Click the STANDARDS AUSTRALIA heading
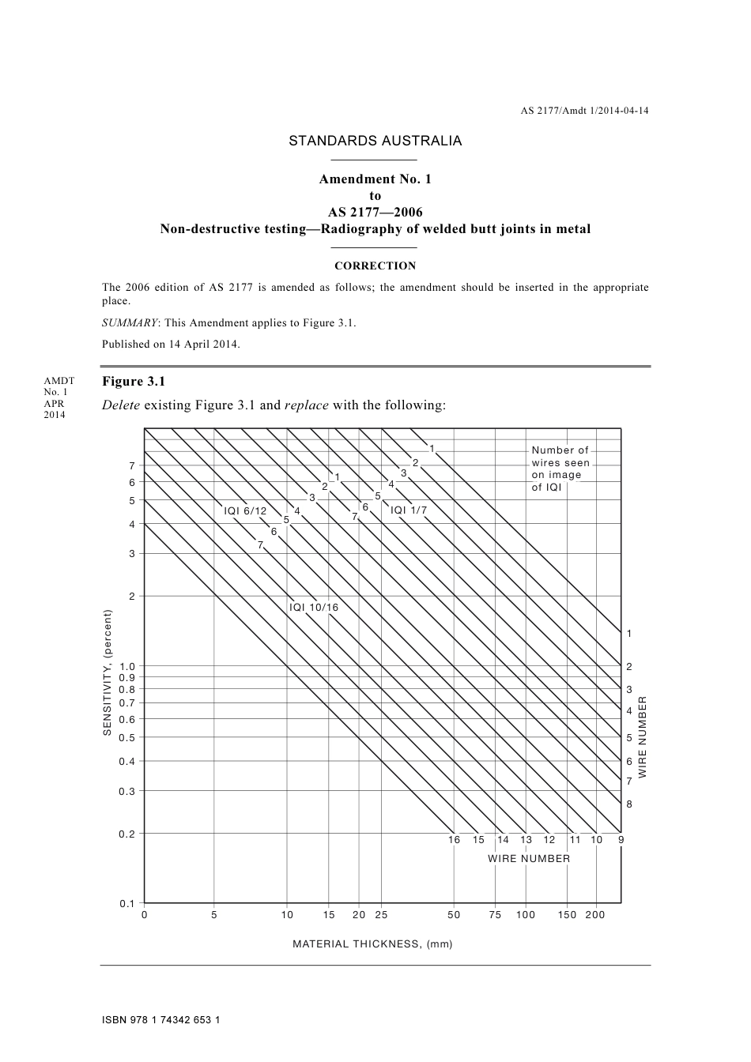[375, 141]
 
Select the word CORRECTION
[375, 266]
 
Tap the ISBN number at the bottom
[160, 1020]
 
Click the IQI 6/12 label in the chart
[245, 511]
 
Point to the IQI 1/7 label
[409, 510]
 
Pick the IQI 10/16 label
[313, 608]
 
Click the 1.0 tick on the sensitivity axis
[126, 666]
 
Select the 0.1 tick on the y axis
[126, 903]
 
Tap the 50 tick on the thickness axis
[454, 915]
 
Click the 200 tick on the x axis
[594, 915]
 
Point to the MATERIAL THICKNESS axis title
[372, 944]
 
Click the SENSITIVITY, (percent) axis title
[108, 673]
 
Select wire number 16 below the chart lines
[454, 840]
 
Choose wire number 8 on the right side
[629, 804]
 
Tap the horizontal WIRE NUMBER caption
[528, 859]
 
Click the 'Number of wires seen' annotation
[560, 469]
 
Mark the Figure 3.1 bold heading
[134, 382]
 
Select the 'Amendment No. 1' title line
[375, 179]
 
